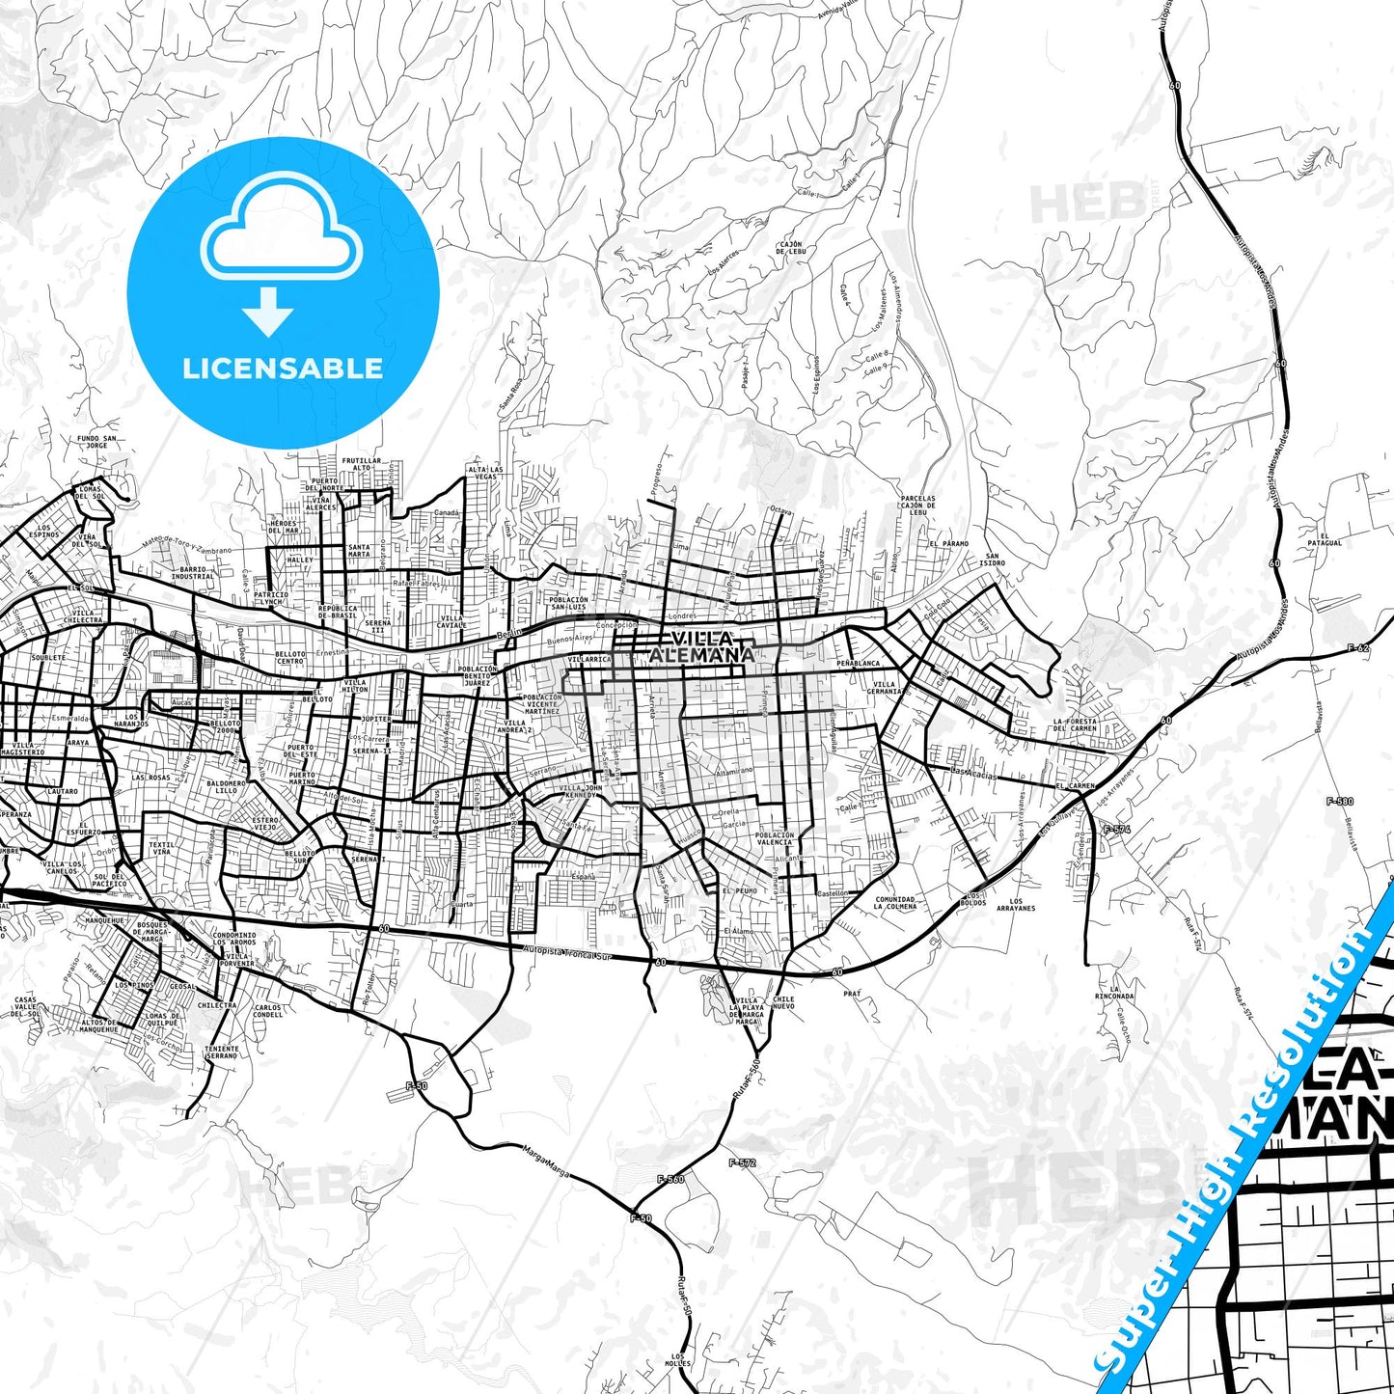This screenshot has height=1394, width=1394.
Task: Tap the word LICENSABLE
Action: [x=283, y=369]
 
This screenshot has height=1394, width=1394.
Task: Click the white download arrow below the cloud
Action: [x=268, y=312]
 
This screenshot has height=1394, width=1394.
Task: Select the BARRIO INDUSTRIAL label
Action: [x=193, y=573]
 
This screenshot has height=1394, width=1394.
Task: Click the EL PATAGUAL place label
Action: [x=1331, y=539]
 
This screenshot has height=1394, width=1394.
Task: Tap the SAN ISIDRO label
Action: [x=992, y=560]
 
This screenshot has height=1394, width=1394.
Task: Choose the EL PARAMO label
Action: [x=948, y=544]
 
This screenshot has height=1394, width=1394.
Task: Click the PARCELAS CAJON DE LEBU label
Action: [x=917, y=506]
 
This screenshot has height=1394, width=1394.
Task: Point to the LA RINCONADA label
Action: [x=1121, y=993]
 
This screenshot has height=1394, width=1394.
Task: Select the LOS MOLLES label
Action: [x=677, y=1362]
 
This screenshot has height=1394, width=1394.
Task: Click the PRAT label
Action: [x=852, y=993]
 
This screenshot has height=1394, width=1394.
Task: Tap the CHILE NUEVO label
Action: [x=783, y=1003]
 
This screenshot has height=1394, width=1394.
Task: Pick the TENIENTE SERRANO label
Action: [x=222, y=1052]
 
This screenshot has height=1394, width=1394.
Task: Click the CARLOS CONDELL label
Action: [x=267, y=1011]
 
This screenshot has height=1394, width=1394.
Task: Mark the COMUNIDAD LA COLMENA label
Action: [x=894, y=903]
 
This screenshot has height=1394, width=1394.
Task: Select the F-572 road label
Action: [x=742, y=1162]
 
